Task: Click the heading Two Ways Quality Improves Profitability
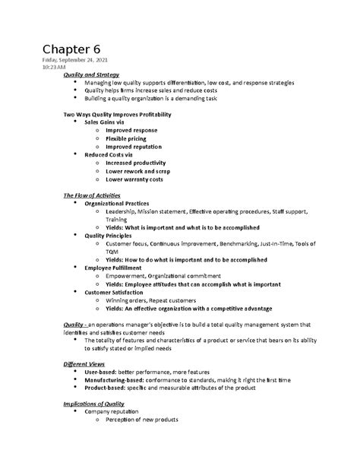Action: [x=115, y=114]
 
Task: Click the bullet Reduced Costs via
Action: [x=113, y=154]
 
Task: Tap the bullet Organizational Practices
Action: [x=125, y=204]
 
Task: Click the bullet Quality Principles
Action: [x=113, y=235]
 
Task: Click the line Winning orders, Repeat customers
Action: [x=152, y=300]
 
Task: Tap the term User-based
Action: [x=103, y=372]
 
